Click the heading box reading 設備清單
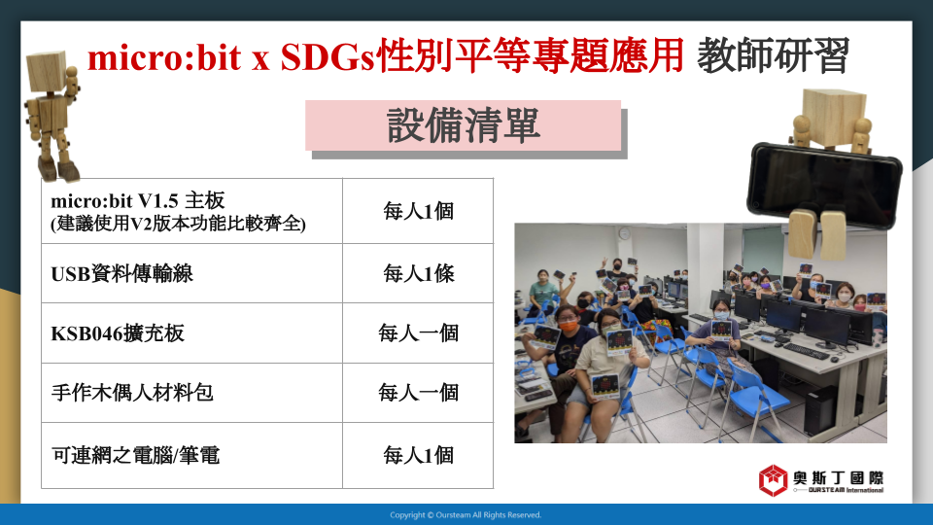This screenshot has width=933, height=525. [463, 125]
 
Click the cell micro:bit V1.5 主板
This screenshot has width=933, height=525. [191, 211]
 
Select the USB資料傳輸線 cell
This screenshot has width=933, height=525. [191, 273]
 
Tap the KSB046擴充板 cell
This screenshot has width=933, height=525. [191, 333]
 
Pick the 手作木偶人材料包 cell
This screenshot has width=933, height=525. [191, 393]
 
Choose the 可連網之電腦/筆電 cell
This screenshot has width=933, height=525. [191, 455]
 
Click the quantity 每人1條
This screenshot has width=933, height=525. [418, 273]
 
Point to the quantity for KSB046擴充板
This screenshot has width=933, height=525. [418, 333]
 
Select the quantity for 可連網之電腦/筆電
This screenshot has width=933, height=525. [418, 455]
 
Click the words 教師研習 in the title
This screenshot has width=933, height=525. [773, 55]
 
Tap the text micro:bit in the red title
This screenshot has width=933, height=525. [164, 57]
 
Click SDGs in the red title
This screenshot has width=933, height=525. [328, 57]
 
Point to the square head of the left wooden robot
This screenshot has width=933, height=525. [49, 71]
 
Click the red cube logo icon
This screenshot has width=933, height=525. [773, 479]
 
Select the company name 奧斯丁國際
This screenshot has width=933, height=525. [838, 477]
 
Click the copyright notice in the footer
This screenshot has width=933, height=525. [466, 515]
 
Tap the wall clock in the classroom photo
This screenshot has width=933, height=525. [624, 233]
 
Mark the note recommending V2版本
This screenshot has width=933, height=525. [178, 224]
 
